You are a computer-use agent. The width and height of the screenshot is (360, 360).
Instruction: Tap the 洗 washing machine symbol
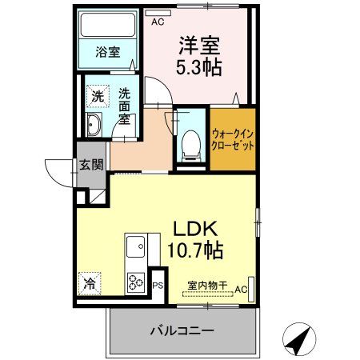pos(98,94)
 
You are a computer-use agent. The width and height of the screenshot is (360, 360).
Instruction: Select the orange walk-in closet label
pos(233,142)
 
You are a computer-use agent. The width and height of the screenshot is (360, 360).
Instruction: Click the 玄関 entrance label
pos(90,166)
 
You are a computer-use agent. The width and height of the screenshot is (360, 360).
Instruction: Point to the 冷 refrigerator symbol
pos(90,282)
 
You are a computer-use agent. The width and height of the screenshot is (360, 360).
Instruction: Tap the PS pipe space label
pos(158,284)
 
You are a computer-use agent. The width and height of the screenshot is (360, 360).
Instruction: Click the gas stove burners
pos(134,282)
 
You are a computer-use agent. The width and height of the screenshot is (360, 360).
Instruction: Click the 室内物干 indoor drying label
pos(206,285)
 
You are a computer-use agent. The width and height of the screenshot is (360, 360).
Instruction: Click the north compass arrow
pos(297,340)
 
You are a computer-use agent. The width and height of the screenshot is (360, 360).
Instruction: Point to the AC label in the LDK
pos(241,289)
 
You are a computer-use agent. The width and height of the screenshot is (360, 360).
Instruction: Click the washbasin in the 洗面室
pos(94,124)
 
